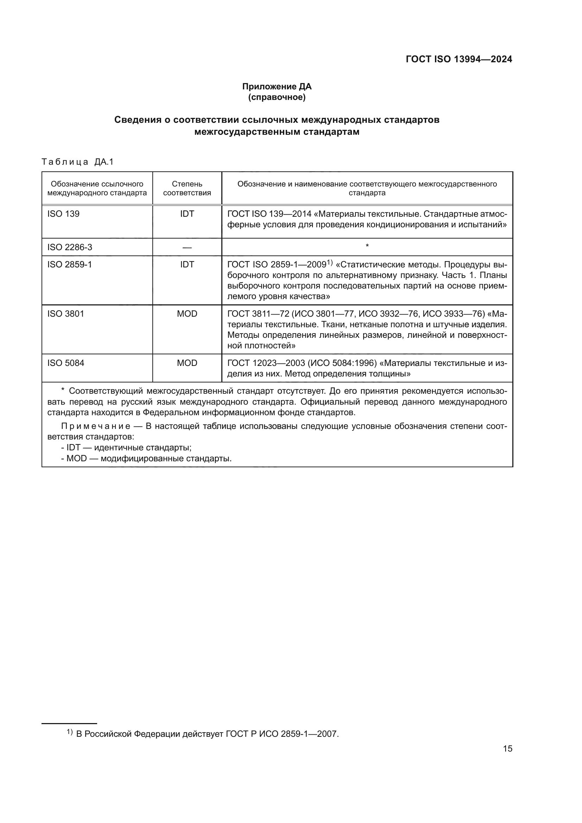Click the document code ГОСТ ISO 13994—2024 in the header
pyautogui.click(x=459, y=59)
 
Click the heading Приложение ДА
pyautogui.click(x=277, y=87)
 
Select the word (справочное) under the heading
pyautogui.click(x=277, y=97)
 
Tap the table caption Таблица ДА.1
pyautogui.click(x=77, y=162)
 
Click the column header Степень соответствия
pyautogui.click(x=187, y=188)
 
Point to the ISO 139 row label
pyautogui.click(x=63, y=214)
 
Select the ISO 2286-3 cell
pyautogui.click(x=70, y=247)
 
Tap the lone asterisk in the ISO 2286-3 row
pyautogui.click(x=367, y=246)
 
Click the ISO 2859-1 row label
pyautogui.click(x=70, y=265)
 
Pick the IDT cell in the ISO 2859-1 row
pyautogui.click(x=187, y=265)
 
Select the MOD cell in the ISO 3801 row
pyautogui.click(x=187, y=314)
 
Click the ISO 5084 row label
pyautogui.click(x=65, y=363)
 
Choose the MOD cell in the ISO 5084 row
pyautogui.click(x=187, y=363)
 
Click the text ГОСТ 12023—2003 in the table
pyautogui.click(x=266, y=363)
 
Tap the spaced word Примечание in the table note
pyautogui.click(x=95, y=426)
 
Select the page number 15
pyautogui.click(x=507, y=748)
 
